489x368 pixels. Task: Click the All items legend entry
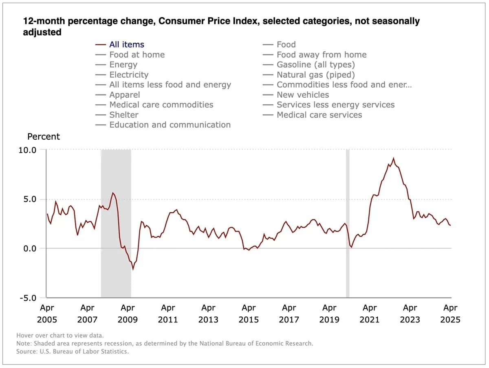(126, 45)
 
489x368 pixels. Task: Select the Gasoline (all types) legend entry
(315, 65)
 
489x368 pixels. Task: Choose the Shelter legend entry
(123, 115)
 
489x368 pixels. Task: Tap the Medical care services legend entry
(319, 115)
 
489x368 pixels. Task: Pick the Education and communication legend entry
(170, 125)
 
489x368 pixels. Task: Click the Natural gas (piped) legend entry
(315, 75)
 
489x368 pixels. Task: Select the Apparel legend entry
(124, 95)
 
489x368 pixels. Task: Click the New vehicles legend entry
(302, 95)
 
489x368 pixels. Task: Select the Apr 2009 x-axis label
(128, 313)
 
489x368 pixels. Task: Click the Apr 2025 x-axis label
(450, 313)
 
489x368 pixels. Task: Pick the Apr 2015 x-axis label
(249, 313)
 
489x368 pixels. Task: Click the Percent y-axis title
(43, 137)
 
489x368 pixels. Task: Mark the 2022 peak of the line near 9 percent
(393, 158)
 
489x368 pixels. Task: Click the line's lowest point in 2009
(133, 269)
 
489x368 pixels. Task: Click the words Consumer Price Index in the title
(204, 22)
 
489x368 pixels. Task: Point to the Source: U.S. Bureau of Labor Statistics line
(73, 351)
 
